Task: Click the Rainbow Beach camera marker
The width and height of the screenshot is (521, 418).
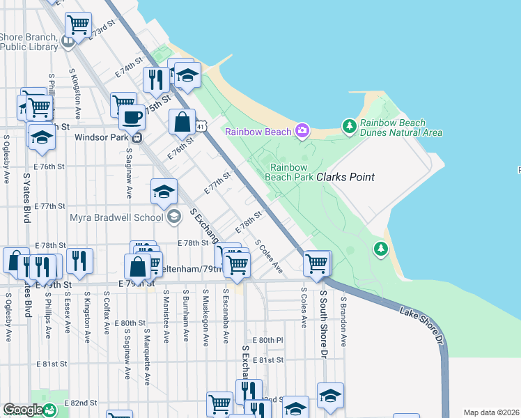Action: [x=302, y=130]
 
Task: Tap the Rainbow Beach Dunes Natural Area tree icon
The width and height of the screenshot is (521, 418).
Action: [x=350, y=127]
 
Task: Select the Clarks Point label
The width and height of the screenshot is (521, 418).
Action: [x=345, y=177]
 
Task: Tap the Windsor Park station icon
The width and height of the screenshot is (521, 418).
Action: [x=137, y=137]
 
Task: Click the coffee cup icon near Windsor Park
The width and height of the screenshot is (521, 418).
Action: [x=132, y=116]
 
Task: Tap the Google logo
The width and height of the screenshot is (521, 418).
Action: [x=23, y=410]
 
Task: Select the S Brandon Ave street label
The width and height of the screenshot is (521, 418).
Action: [x=343, y=320]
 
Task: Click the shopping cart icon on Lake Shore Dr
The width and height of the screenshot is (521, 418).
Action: [x=317, y=264]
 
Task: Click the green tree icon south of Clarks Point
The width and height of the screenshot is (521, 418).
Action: [x=380, y=248]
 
